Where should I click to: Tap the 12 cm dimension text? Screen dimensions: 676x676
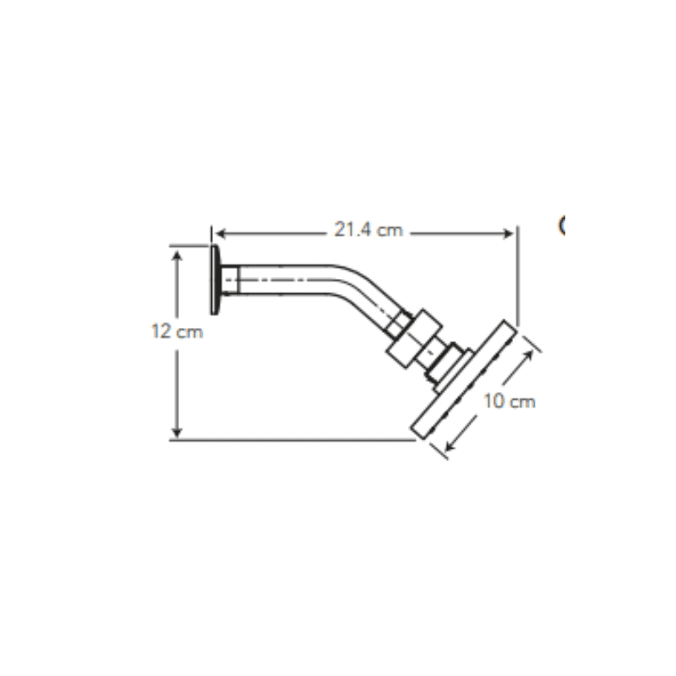[x=177, y=332]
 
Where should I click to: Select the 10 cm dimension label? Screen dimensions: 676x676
[x=510, y=401]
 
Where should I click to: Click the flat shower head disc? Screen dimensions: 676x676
[x=464, y=380]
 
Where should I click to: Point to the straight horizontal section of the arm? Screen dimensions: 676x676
[x=287, y=279]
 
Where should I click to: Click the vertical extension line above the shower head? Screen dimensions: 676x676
[x=517, y=279]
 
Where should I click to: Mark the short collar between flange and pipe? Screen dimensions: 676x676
[x=230, y=279]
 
